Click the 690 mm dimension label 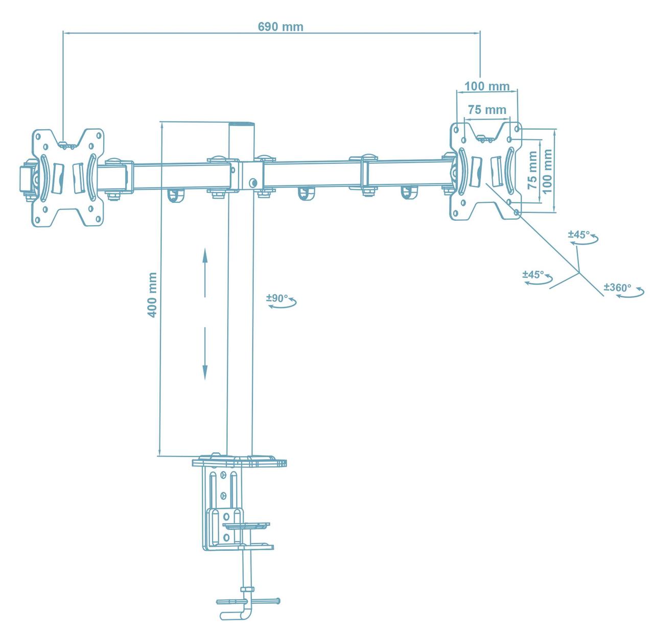tap(280, 27)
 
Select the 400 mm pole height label tap(152, 295)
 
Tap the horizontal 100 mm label tap(487, 86)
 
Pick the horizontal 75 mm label tap(487, 109)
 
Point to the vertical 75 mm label tap(532, 170)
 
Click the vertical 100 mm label tap(548, 171)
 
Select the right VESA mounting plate tap(485, 171)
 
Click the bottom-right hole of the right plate tap(517, 211)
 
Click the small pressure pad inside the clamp tap(247, 525)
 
